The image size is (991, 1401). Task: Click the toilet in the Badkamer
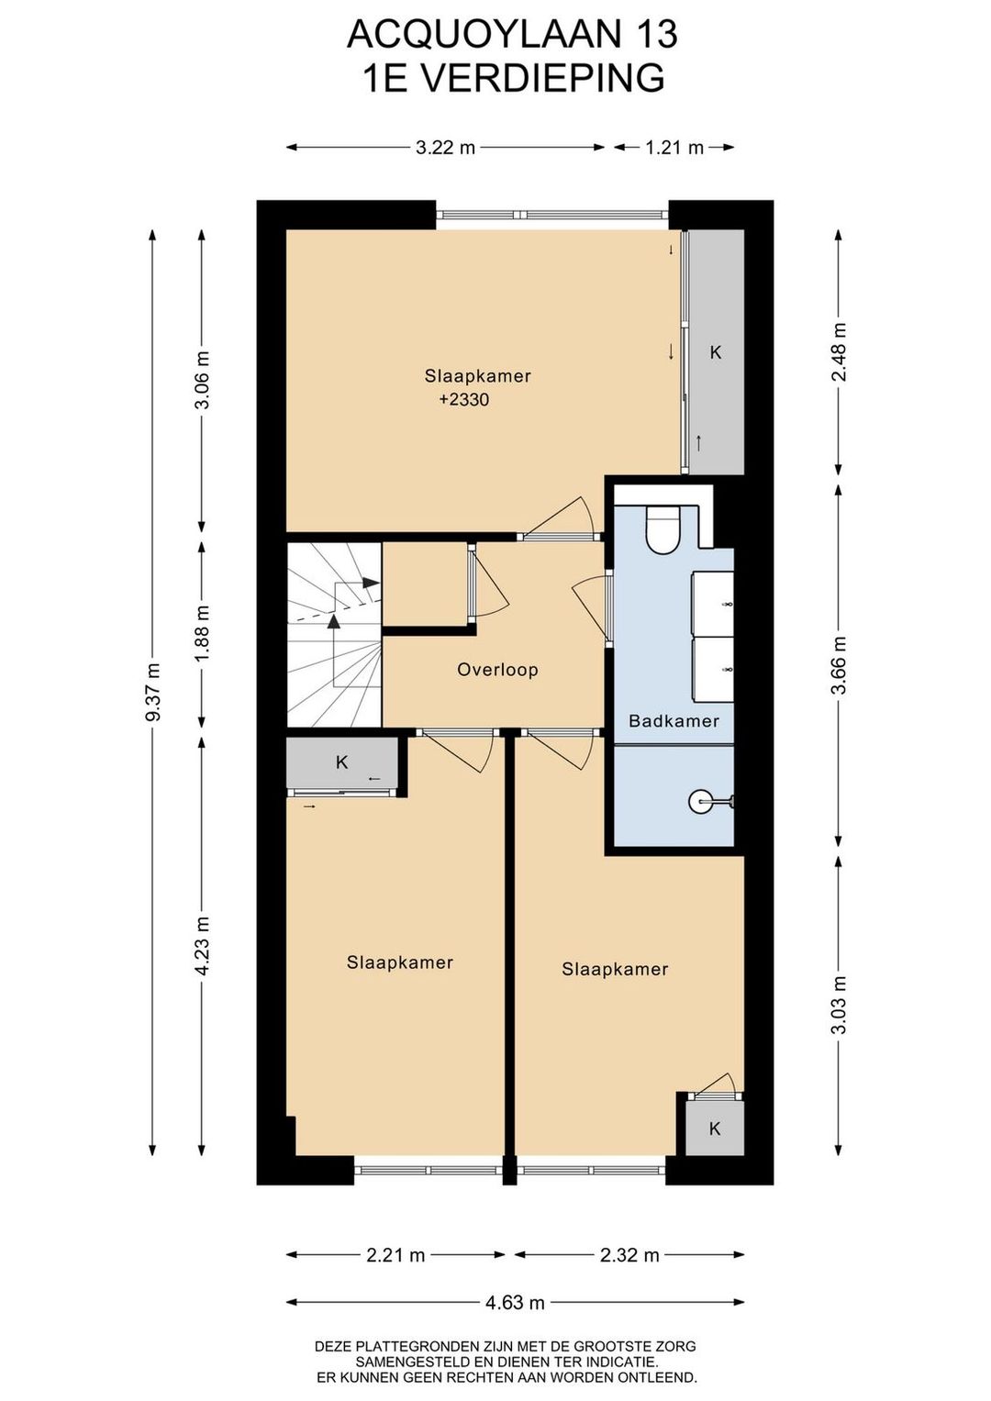point(663,530)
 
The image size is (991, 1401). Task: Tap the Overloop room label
point(497,670)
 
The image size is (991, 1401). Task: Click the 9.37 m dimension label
point(153,691)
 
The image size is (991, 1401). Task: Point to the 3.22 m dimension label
point(445,148)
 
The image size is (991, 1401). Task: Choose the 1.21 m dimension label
point(674,148)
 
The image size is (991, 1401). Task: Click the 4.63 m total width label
point(515,1303)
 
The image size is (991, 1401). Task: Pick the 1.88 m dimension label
point(203,634)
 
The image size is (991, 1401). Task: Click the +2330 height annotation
point(463,400)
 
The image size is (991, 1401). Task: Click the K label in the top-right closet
point(716,352)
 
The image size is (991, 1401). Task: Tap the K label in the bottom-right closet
point(715,1129)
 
